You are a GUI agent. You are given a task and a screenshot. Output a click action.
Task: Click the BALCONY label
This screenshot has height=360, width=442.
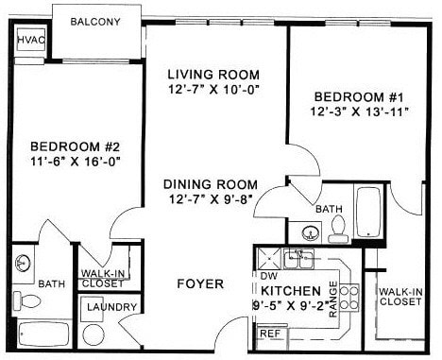click(97, 21)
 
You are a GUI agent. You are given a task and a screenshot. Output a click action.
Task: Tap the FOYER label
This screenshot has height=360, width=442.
click(200, 283)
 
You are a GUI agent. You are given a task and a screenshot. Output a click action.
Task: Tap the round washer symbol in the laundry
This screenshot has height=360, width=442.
click(93, 334)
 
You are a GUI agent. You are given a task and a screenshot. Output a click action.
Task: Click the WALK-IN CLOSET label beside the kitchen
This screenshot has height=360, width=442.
click(399, 297)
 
